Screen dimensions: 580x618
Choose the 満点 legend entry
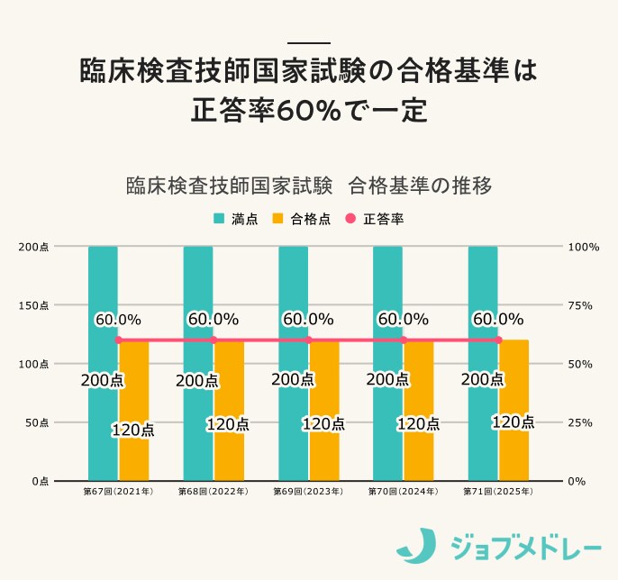236,219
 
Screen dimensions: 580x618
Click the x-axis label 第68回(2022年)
214,493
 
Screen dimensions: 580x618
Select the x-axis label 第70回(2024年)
404,493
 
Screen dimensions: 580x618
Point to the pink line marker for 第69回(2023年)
309,340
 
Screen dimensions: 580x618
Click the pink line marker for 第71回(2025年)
498,340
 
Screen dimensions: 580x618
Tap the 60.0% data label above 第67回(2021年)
118,319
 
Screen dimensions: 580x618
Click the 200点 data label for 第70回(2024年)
387,380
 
